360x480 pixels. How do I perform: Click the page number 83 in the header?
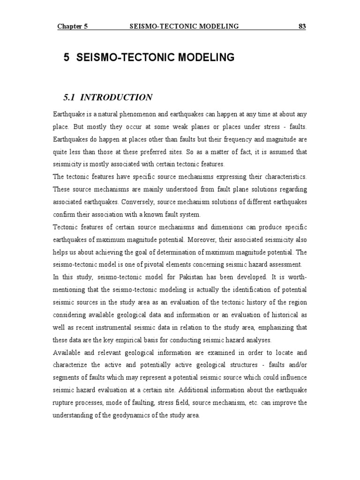click(302, 26)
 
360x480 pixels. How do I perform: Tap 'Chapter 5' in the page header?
click(73, 26)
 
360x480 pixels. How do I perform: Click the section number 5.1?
click(69, 97)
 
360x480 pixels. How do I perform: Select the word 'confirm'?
click(65, 215)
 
